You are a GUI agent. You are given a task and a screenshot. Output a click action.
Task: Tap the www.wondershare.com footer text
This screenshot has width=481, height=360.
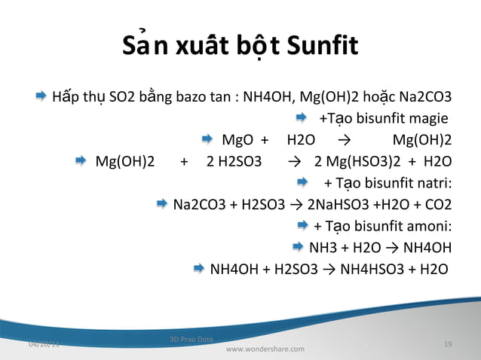tap(265, 349)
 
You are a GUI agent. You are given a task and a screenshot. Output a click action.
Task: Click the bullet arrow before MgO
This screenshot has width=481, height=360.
tap(209, 139)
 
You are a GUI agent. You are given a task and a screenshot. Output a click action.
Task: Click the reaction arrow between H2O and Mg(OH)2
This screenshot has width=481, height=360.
tap(345, 140)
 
